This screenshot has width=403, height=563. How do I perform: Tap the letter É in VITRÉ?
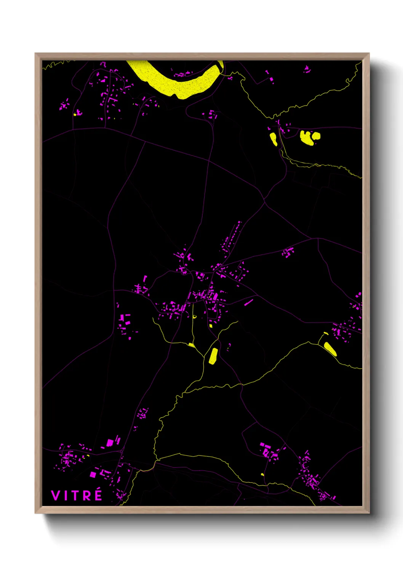(x=98, y=495)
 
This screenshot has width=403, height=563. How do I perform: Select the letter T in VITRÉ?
(x=75, y=496)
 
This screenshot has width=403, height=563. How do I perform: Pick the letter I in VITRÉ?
(x=65, y=496)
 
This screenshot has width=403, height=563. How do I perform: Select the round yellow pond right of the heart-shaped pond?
(x=316, y=135)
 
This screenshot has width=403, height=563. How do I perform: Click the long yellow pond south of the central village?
(x=213, y=356)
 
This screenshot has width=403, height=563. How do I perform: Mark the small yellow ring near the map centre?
(x=194, y=316)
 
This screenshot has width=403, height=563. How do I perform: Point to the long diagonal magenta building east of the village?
(x=248, y=302)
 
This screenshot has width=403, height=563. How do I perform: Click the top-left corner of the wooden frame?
(x=35, y=54)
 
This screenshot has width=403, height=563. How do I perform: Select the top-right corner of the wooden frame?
(x=369, y=54)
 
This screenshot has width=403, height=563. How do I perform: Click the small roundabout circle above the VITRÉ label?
(x=122, y=451)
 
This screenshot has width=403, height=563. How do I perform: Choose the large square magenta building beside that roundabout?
(x=110, y=443)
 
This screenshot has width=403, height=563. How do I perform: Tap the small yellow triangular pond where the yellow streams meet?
(x=191, y=345)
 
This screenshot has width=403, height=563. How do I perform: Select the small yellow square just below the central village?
(x=211, y=326)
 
